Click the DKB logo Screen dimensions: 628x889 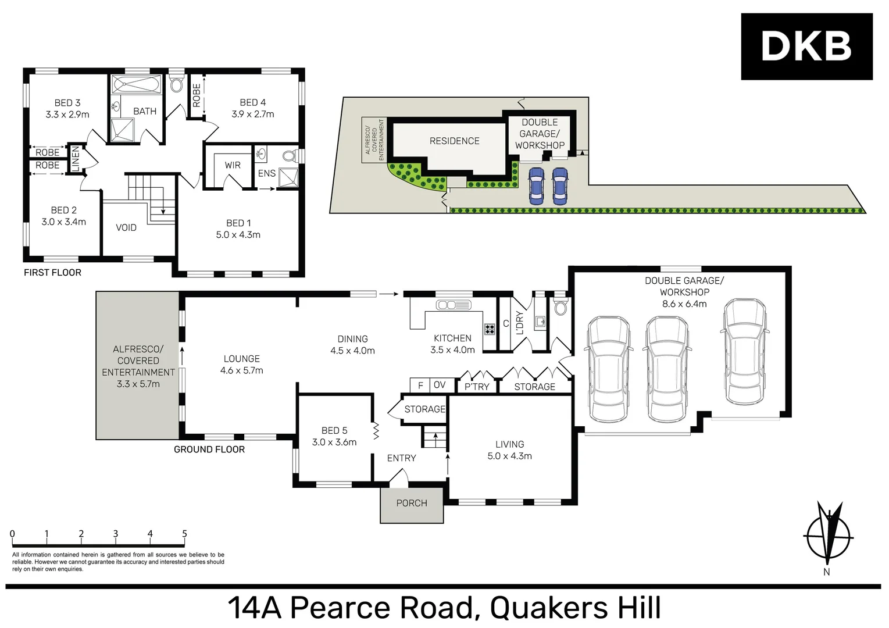(x=806, y=47)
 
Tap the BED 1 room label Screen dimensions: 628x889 (x=238, y=223)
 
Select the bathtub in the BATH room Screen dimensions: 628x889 (x=137, y=85)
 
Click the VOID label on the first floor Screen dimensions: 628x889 (x=126, y=227)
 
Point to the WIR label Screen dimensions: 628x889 (x=233, y=165)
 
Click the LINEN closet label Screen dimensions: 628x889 (x=75, y=159)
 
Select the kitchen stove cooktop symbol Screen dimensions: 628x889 (x=490, y=329)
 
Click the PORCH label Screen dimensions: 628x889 (x=412, y=503)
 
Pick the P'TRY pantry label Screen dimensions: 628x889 (x=477, y=387)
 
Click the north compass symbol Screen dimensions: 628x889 (x=828, y=535)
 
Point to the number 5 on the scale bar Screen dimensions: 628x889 (x=184, y=534)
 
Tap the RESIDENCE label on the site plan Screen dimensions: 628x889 (x=454, y=141)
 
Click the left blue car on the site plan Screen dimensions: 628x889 (x=536, y=185)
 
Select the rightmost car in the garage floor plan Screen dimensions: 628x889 (x=744, y=351)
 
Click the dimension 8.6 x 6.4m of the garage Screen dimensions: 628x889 (x=684, y=304)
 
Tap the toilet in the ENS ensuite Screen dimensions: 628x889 (x=290, y=156)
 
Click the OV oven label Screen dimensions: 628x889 (x=440, y=385)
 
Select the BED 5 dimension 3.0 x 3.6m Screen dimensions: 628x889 (x=334, y=442)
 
